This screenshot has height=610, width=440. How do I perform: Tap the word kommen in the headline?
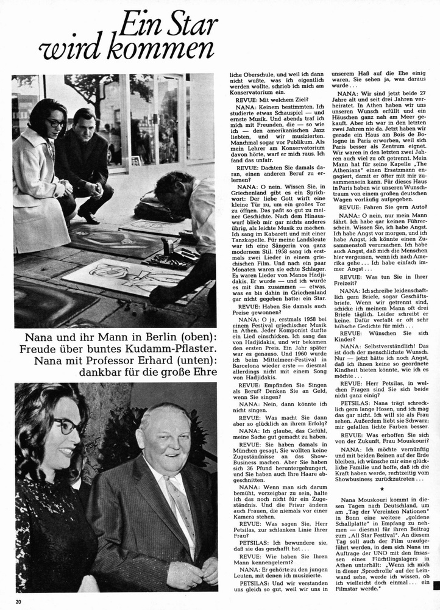click(161, 49)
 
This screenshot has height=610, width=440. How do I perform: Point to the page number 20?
click(19, 603)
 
